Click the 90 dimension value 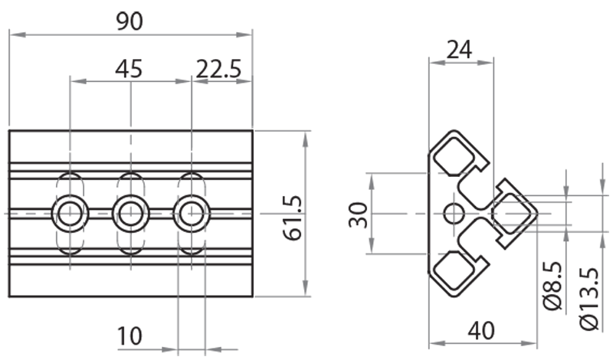click(x=129, y=21)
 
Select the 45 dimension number click(x=129, y=69)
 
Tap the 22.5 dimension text click(x=218, y=69)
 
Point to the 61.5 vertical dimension click(x=292, y=215)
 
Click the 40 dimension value click(x=481, y=330)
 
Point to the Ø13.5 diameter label click(x=590, y=299)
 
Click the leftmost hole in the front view click(x=70, y=213)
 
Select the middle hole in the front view click(x=130, y=213)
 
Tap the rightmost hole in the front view click(x=191, y=213)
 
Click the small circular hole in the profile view click(x=454, y=213)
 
